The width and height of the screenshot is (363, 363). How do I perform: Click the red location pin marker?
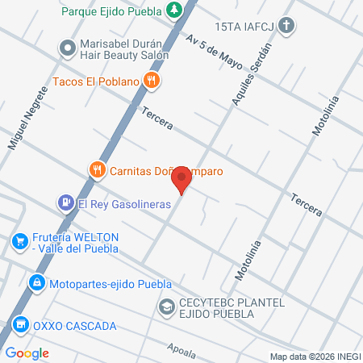(185, 179)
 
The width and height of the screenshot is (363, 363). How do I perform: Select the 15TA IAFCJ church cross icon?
(289, 27)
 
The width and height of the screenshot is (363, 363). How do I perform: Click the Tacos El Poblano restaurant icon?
(149, 80)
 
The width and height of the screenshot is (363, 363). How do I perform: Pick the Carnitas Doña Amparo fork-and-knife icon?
(97, 170)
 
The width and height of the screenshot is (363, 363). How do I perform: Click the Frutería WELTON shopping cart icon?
(19, 241)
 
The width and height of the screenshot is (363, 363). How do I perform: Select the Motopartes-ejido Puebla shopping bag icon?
(35, 283)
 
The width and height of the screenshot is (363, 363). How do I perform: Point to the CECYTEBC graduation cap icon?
(166, 307)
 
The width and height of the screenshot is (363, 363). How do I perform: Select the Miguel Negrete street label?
(23, 127)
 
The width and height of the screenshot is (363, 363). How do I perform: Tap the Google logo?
(27, 353)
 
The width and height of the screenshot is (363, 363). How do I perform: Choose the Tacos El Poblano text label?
(96, 81)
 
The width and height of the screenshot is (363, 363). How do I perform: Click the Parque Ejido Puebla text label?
(113, 10)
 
